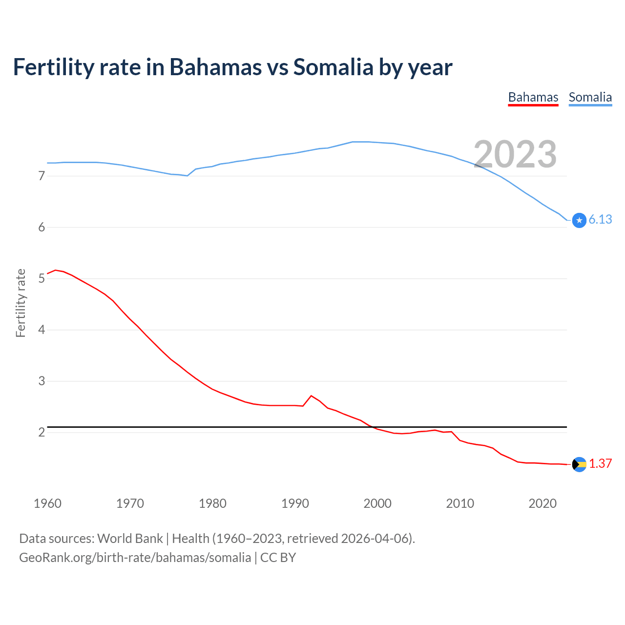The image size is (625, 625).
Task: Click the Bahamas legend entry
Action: coord(533,98)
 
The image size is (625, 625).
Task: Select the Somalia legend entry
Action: coord(590,98)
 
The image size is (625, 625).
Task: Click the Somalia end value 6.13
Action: coord(600,220)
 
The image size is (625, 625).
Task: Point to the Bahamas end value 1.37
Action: coord(600,463)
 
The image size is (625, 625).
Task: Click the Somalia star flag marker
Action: coord(579,220)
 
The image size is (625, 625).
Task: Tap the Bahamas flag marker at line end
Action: coord(579,464)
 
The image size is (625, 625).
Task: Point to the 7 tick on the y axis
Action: coord(42,176)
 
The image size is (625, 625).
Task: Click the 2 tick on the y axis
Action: coord(42,432)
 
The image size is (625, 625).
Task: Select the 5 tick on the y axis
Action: coord(42,278)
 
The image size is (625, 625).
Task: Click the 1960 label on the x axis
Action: coord(47,503)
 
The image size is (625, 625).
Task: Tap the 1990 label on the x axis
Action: coord(295,503)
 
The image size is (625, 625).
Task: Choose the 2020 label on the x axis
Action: coord(542,503)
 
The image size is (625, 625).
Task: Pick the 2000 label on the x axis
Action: coord(377,503)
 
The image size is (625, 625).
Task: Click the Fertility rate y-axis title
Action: coord(21,303)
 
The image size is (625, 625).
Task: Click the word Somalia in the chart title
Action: coord(333,67)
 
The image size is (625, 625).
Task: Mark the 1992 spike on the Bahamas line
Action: coord(311,396)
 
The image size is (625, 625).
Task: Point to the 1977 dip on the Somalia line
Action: coord(187,176)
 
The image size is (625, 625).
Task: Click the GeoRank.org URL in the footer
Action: coord(135,558)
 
